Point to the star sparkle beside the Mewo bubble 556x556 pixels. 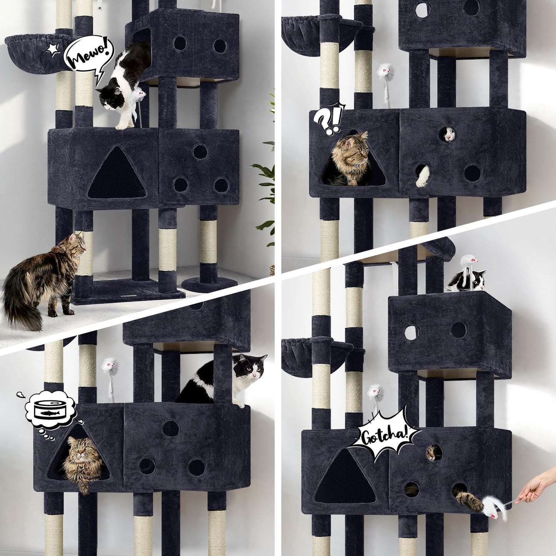coord(52,49)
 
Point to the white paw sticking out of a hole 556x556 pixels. coord(423,176)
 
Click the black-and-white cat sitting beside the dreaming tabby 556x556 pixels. coord(227,379)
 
